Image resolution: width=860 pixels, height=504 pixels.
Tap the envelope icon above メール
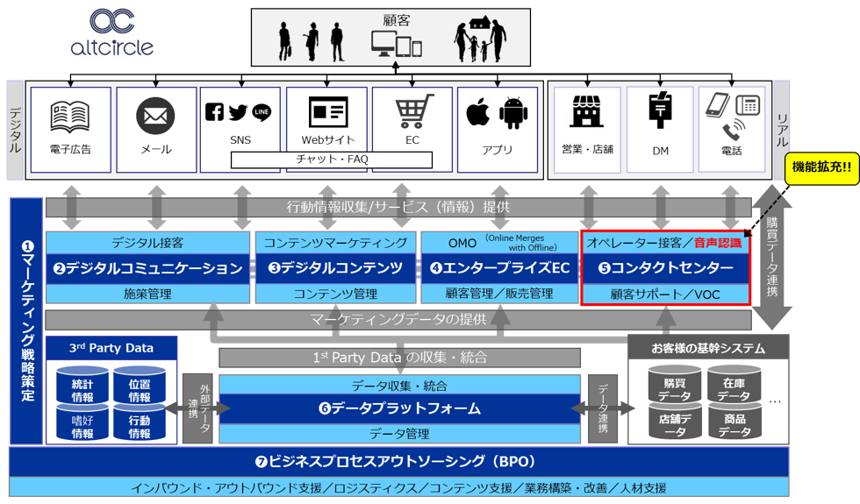pos(155,116)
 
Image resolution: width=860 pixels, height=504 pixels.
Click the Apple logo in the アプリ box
pos(477,113)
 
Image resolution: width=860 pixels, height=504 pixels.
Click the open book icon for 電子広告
pos(70,116)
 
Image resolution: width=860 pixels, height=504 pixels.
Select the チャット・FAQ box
pos(332,160)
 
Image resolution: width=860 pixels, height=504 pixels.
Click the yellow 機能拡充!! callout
pos(821,167)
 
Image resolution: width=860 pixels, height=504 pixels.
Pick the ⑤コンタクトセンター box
pos(665,267)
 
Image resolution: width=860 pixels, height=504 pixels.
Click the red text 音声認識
pos(717,243)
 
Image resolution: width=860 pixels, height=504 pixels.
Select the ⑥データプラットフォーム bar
pos(399,408)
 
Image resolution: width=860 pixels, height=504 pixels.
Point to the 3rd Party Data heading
pos(111,348)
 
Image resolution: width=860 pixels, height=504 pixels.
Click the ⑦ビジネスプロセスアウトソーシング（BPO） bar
pos(399,461)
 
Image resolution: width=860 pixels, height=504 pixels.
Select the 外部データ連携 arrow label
pos(199,408)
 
